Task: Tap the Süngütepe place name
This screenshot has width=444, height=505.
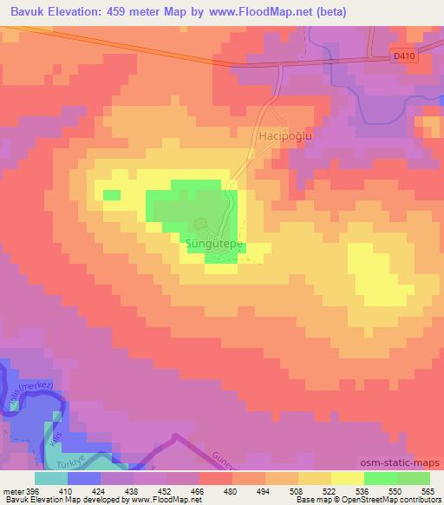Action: tap(212, 245)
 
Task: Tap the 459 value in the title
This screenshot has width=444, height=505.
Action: tap(131, 12)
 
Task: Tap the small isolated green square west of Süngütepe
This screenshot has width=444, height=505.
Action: tap(111, 194)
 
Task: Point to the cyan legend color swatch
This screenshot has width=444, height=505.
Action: tap(50, 477)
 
